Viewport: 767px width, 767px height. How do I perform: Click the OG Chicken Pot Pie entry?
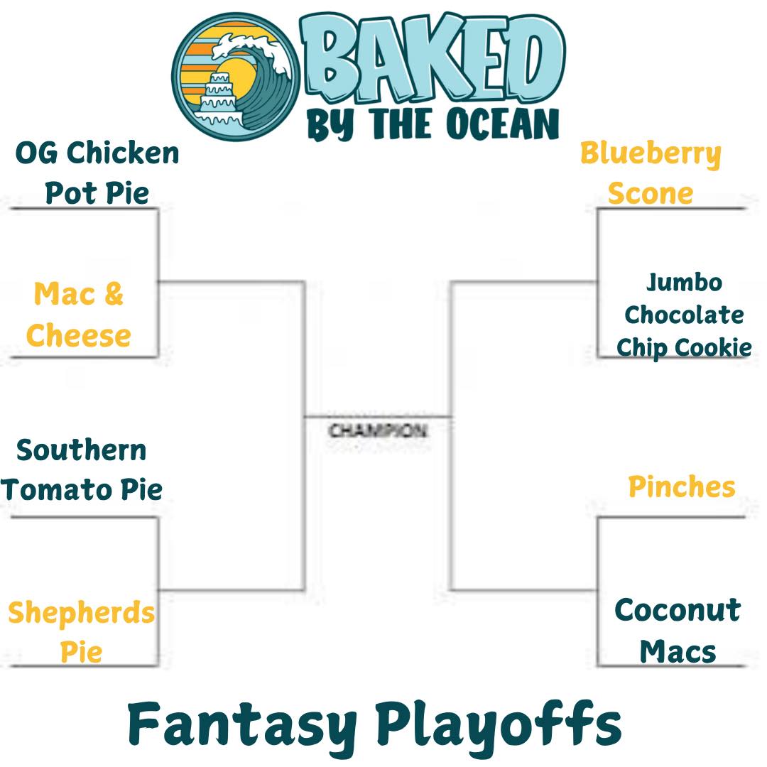tap(97, 173)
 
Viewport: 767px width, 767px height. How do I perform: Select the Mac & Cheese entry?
tap(79, 315)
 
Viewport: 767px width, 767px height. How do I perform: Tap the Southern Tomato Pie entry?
tap(82, 469)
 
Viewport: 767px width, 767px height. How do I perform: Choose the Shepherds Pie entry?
tap(82, 631)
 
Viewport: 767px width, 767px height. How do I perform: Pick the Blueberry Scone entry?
tap(651, 173)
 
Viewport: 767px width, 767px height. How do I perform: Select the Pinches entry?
tap(682, 486)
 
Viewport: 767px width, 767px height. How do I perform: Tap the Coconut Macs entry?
tap(678, 631)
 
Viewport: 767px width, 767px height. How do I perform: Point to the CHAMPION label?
tap(378, 431)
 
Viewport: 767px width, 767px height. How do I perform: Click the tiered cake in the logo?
tap(219, 99)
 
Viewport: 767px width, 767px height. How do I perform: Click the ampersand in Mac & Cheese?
tap(113, 293)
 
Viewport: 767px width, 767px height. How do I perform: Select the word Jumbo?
tap(684, 283)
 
